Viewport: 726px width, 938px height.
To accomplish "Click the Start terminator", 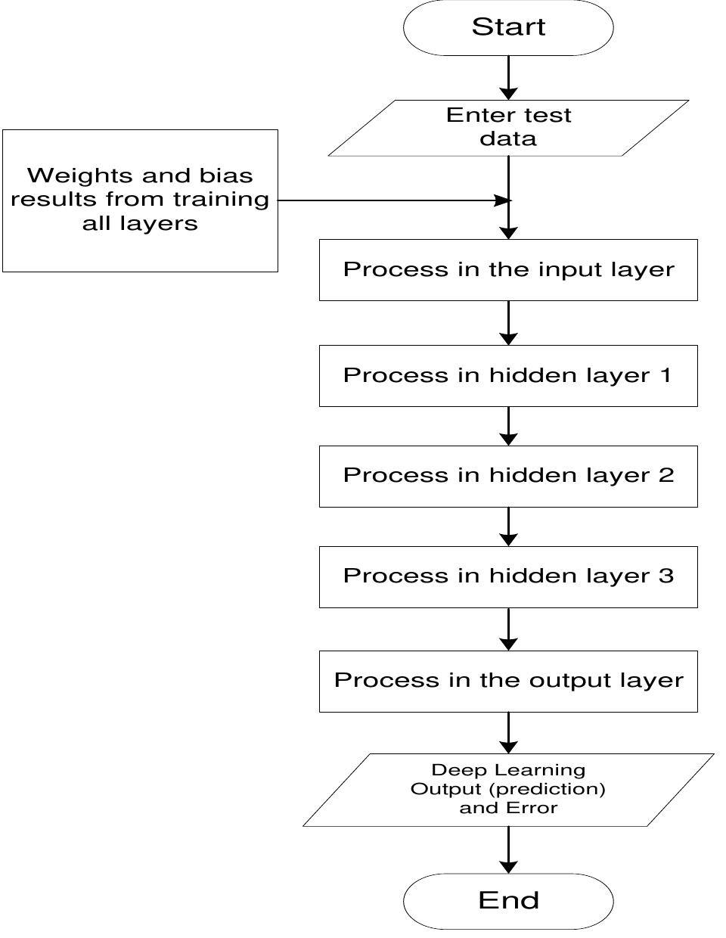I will (x=508, y=27).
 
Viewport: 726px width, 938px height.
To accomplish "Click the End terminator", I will (x=508, y=900).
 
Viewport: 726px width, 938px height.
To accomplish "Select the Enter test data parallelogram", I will (x=508, y=127).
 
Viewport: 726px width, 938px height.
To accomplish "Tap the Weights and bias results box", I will (x=140, y=200).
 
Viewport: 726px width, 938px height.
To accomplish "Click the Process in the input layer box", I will (x=508, y=270).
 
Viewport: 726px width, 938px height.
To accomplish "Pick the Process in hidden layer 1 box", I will (x=508, y=376).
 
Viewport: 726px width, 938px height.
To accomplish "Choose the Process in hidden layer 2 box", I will (x=508, y=476).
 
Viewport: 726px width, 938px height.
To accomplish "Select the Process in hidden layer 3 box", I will (x=508, y=576).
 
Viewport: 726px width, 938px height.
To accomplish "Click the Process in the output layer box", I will (x=508, y=681).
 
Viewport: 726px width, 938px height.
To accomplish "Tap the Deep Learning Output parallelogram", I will (x=508, y=789).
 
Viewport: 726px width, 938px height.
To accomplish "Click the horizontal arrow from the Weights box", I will (x=393, y=200).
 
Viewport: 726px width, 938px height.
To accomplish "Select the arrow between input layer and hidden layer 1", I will (x=509, y=323).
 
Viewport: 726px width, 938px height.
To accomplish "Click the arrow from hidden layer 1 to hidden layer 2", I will (x=509, y=426).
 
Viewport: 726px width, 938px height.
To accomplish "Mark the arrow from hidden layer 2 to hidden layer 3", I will (x=509, y=526).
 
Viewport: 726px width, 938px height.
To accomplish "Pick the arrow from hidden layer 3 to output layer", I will (x=509, y=629).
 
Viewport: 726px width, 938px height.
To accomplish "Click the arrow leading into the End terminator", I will (x=509, y=849).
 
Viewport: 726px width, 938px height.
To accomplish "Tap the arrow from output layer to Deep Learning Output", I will (x=509, y=732).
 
